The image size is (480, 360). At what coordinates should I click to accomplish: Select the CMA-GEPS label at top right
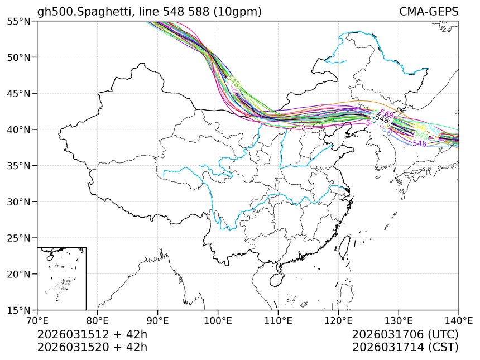[429, 12]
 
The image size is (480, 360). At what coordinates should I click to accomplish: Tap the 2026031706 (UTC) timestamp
[405, 335]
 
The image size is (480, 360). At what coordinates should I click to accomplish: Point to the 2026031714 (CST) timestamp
[405, 347]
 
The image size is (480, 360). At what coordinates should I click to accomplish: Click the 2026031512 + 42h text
[92, 335]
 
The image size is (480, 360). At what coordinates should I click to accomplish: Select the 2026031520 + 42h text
[92, 347]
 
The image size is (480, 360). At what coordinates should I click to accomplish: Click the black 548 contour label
[382, 119]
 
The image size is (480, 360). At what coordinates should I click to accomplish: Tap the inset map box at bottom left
[61, 278]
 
